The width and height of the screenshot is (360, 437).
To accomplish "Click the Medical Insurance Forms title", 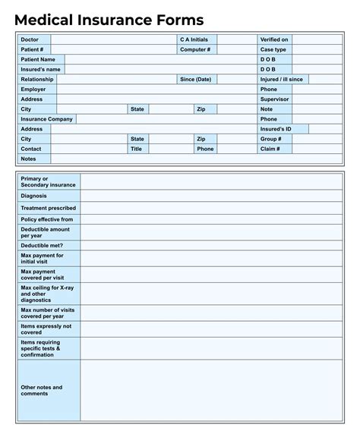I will [109, 20].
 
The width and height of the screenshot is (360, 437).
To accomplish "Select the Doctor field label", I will [30, 39].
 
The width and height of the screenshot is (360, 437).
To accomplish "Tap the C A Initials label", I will [194, 39].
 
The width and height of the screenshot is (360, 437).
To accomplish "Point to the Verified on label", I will [274, 39].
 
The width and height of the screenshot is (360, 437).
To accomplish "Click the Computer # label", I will [195, 49].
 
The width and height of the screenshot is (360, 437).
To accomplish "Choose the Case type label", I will [273, 49].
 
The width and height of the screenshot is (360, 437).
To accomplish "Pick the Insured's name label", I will [40, 69].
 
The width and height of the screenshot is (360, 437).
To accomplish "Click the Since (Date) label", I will [195, 79].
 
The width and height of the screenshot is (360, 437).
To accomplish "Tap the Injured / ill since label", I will [281, 79].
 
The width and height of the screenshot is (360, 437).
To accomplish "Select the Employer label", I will [33, 89].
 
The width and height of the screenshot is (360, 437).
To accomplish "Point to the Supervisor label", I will [274, 99].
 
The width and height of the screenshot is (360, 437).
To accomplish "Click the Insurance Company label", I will [47, 119].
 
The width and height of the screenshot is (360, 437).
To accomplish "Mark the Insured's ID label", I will [276, 129].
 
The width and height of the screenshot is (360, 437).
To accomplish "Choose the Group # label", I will [271, 139].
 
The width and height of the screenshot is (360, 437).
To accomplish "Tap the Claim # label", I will [270, 149].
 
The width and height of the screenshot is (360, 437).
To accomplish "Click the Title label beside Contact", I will [137, 149].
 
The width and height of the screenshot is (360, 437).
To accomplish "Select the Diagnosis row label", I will [34, 196].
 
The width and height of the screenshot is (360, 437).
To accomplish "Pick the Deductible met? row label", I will [42, 246].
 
